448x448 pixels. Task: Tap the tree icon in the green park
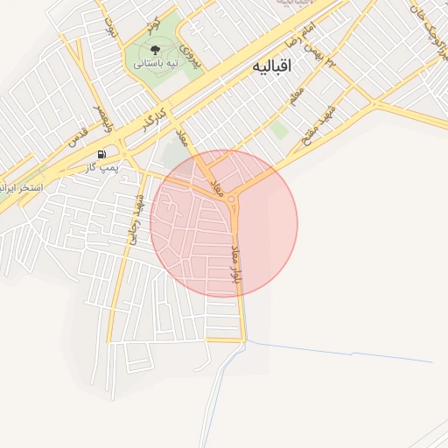(x=156, y=50)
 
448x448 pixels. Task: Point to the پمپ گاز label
(x=103, y=166)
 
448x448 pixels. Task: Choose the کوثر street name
(x=153, y=20)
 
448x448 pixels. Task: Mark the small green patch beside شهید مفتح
(x=278, y=130)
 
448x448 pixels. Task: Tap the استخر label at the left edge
(x=17, y=185)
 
